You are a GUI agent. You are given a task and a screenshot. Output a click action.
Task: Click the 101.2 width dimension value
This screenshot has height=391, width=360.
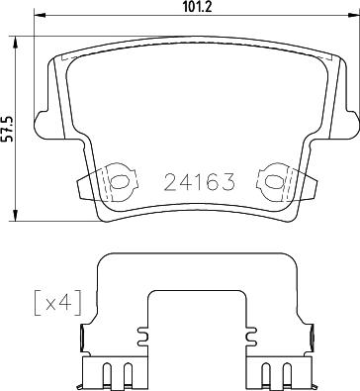point(197,7)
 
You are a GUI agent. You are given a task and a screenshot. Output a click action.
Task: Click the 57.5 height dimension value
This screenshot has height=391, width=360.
point(7,129)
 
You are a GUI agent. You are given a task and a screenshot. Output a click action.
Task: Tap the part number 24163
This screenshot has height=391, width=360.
point(200,182)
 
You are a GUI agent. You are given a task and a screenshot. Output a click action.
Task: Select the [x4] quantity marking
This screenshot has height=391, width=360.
point(57,303)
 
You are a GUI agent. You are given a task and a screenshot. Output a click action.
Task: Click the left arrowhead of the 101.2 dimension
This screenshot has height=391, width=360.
point(40,15)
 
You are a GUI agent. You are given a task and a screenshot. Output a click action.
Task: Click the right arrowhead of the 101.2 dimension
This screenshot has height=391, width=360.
point(354,15)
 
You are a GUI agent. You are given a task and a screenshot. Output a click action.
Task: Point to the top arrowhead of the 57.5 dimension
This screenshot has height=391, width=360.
point(15,42)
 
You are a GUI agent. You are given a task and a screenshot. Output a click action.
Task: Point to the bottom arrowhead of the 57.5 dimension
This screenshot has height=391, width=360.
point(15,216)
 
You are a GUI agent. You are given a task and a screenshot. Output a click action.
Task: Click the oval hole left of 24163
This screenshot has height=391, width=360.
point(119,181)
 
